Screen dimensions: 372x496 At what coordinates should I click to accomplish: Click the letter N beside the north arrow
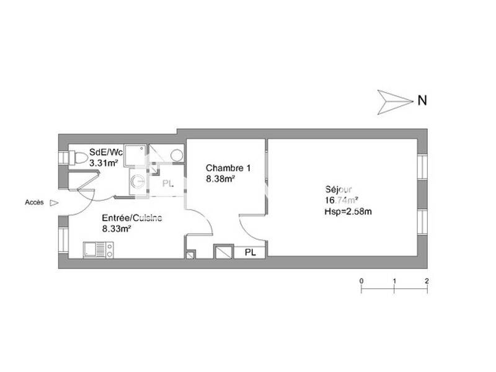click(422, 100)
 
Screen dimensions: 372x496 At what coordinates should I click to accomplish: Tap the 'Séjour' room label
click(338, 190)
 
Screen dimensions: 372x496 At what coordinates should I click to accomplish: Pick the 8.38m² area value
click(220, 179)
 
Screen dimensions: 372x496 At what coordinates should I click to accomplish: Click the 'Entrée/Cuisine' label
click(132, 218)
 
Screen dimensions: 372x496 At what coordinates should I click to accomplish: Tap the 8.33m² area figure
click(116, 228)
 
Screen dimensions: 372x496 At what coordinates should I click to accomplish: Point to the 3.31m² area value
click(104, 164)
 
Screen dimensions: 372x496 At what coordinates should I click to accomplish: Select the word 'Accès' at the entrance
click(34, 202)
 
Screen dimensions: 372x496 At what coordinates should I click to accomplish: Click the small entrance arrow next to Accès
click(53, 202)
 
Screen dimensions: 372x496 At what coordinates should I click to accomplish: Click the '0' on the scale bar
click(361, 281)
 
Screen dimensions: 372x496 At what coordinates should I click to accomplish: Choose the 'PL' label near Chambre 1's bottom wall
click(250, 252)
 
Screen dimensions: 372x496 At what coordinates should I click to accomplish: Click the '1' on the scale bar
click(394, 281)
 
